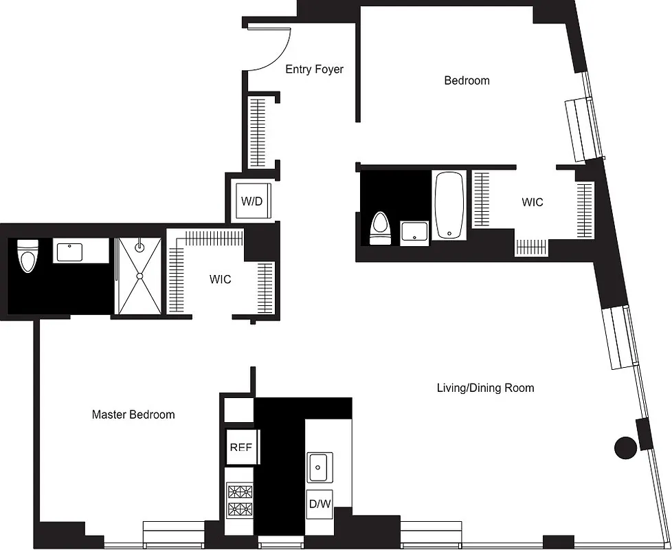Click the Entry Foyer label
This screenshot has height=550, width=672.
[314, 69]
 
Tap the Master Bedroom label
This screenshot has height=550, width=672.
[133, 415]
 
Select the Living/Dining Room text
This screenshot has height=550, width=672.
[485, 388]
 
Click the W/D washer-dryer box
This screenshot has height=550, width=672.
[251, 201]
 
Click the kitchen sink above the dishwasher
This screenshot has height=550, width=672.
[320, 467]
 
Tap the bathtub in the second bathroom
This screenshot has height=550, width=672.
[450, 205]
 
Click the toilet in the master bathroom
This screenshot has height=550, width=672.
[27, 255]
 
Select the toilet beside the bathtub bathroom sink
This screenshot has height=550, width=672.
[380, 229]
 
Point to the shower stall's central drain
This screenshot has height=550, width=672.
[139, 276]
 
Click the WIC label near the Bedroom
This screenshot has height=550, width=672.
[532, 202]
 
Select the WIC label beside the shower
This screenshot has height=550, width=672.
[220, 280]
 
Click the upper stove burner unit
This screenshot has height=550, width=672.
[240, 492]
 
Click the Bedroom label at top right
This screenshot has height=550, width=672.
[467, 80]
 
